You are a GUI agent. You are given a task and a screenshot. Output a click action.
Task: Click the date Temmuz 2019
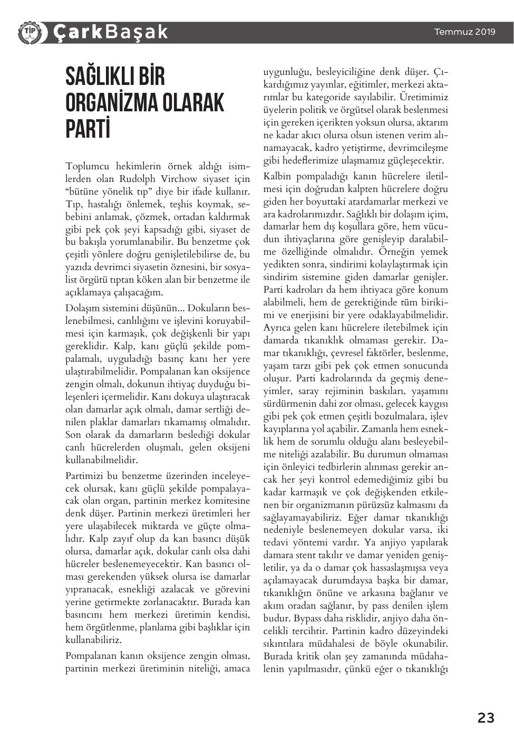click(464, 32)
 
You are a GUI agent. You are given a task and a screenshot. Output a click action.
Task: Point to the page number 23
click(486, 718)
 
